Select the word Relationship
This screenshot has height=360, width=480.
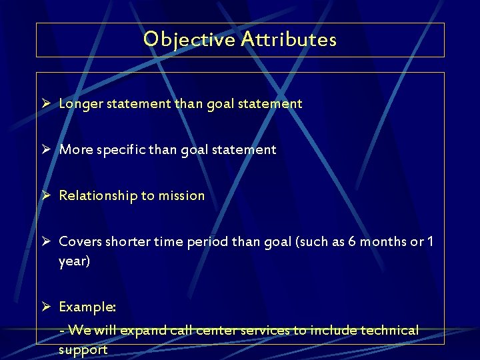tap(98, 196)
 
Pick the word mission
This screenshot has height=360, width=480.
tap(181, 196)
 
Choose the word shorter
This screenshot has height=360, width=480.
tap(129, 242)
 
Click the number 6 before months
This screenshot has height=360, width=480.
tap(353, 242)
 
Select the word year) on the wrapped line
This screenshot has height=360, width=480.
tap(74, 261)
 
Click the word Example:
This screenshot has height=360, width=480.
tap(87, 307)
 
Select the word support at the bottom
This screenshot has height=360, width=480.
tap(83, 350)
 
